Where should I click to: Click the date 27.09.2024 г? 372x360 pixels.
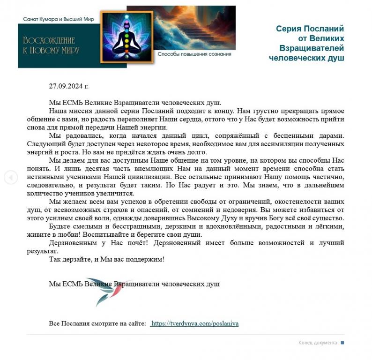pyautogui.click(x=68, y=86)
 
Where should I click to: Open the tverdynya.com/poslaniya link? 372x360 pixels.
pyautogui.click(x=195, y=323)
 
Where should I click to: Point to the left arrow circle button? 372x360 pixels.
pyautogui.click(x=11, y=177)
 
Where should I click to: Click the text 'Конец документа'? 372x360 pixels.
pyautogui.click(x=318, y=343)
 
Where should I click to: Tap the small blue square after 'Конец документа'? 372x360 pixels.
pyautogui.click(x=342, y=343)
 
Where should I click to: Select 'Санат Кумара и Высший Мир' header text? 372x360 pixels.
pyautogui.click(x=59, y=19)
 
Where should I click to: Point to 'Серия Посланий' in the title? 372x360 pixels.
pyautogui.click(x=310, y=29)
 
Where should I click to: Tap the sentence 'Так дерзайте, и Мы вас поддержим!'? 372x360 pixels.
pyautogui.click(x=107, y=259)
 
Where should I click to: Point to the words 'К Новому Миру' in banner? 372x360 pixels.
pyautogui.click(x=52, y=50)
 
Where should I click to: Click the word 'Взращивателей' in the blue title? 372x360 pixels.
pyautogui.click(x=312, y=48)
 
